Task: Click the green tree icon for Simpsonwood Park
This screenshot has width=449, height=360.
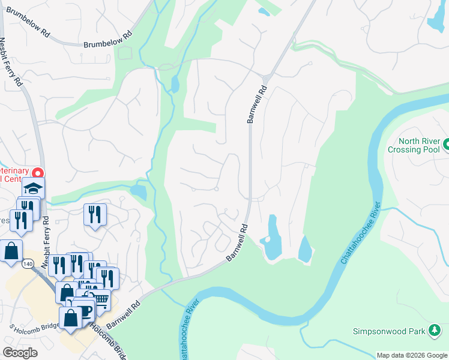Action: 434,330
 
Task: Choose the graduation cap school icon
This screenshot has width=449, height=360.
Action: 34,188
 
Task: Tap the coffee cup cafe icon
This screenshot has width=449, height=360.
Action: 85,308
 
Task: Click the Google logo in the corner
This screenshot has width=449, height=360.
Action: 20,352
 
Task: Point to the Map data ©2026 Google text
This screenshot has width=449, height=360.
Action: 412,355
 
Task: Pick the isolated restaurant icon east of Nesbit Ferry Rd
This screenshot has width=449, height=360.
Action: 95,214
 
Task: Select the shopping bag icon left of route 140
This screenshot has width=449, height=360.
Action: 11,251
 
